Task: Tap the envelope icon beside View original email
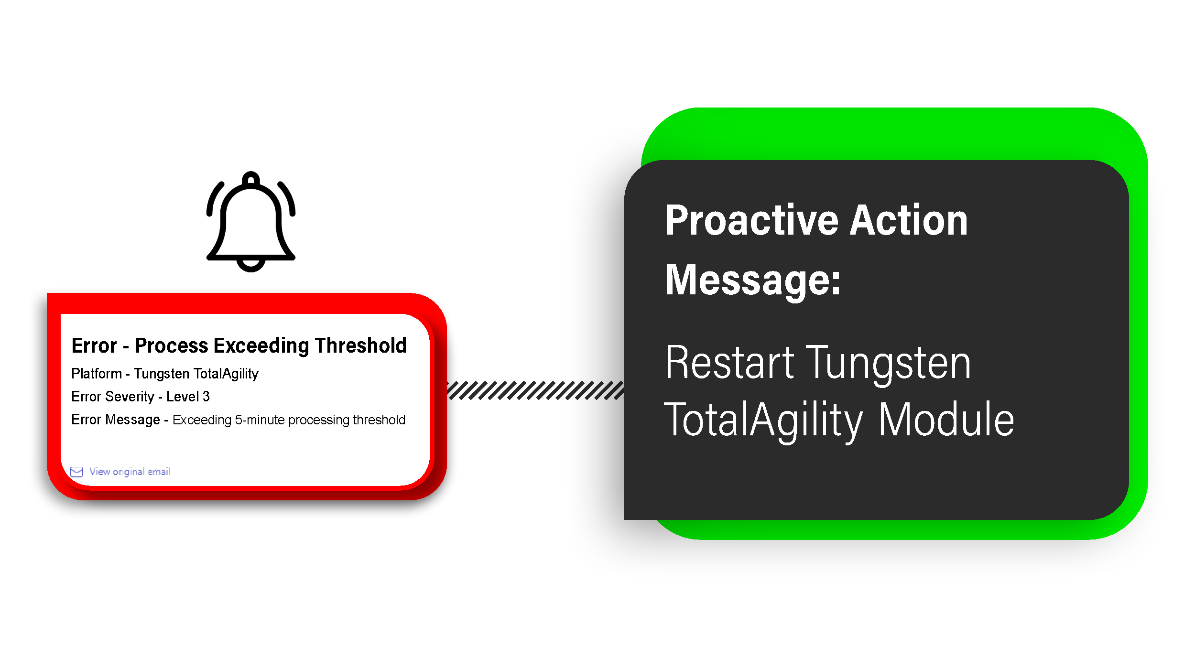(x=76, y=472)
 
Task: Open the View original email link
(x=130, y=472)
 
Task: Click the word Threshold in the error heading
(x=360, y=345)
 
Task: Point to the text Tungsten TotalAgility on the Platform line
(x=196, y=374)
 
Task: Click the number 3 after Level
(x=206, y=397)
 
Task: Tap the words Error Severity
(x=113, y=397)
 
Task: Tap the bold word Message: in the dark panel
(x=753, y=280)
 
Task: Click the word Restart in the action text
(x=730, y=364)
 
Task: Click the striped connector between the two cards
(x=535, y=390)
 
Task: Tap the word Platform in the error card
(x=97, y=374)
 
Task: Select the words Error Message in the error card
(x=116, y=420)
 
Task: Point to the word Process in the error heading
(x=172, y=345)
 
